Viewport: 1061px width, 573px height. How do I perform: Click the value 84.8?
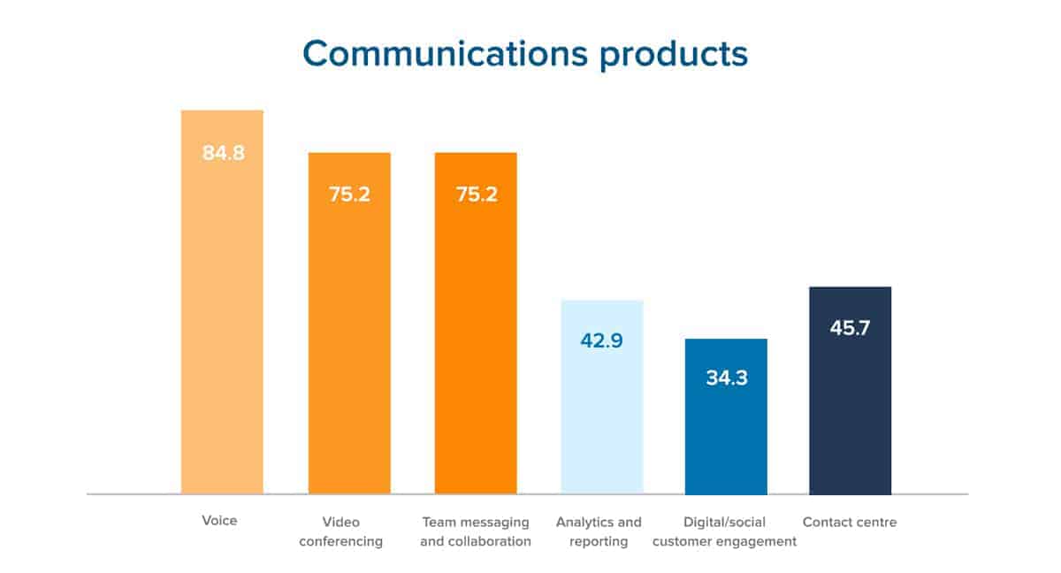[x=223, y=153]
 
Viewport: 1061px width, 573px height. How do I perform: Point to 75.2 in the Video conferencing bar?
[x=349, y=195]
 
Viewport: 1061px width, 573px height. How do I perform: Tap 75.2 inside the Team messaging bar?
[x=477, y=195]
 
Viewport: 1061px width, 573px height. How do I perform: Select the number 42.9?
[x=602, y=341]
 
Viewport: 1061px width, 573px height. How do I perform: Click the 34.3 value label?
[x=727, y=378]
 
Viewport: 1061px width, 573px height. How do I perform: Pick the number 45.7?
[x=850, y=328]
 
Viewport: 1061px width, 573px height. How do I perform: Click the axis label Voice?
[x=219, y=521]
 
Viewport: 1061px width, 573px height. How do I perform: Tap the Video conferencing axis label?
[x=341, y=531]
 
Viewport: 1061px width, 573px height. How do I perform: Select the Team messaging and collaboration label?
[x=476, y=531]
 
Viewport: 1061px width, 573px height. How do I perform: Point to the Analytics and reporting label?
[x=599, y=531]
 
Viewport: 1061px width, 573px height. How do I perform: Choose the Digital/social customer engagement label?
[x=725, y=531]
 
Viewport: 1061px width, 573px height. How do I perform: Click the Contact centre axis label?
[x=850, y=522]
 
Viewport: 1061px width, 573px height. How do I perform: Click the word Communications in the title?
[x=445, y=54]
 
